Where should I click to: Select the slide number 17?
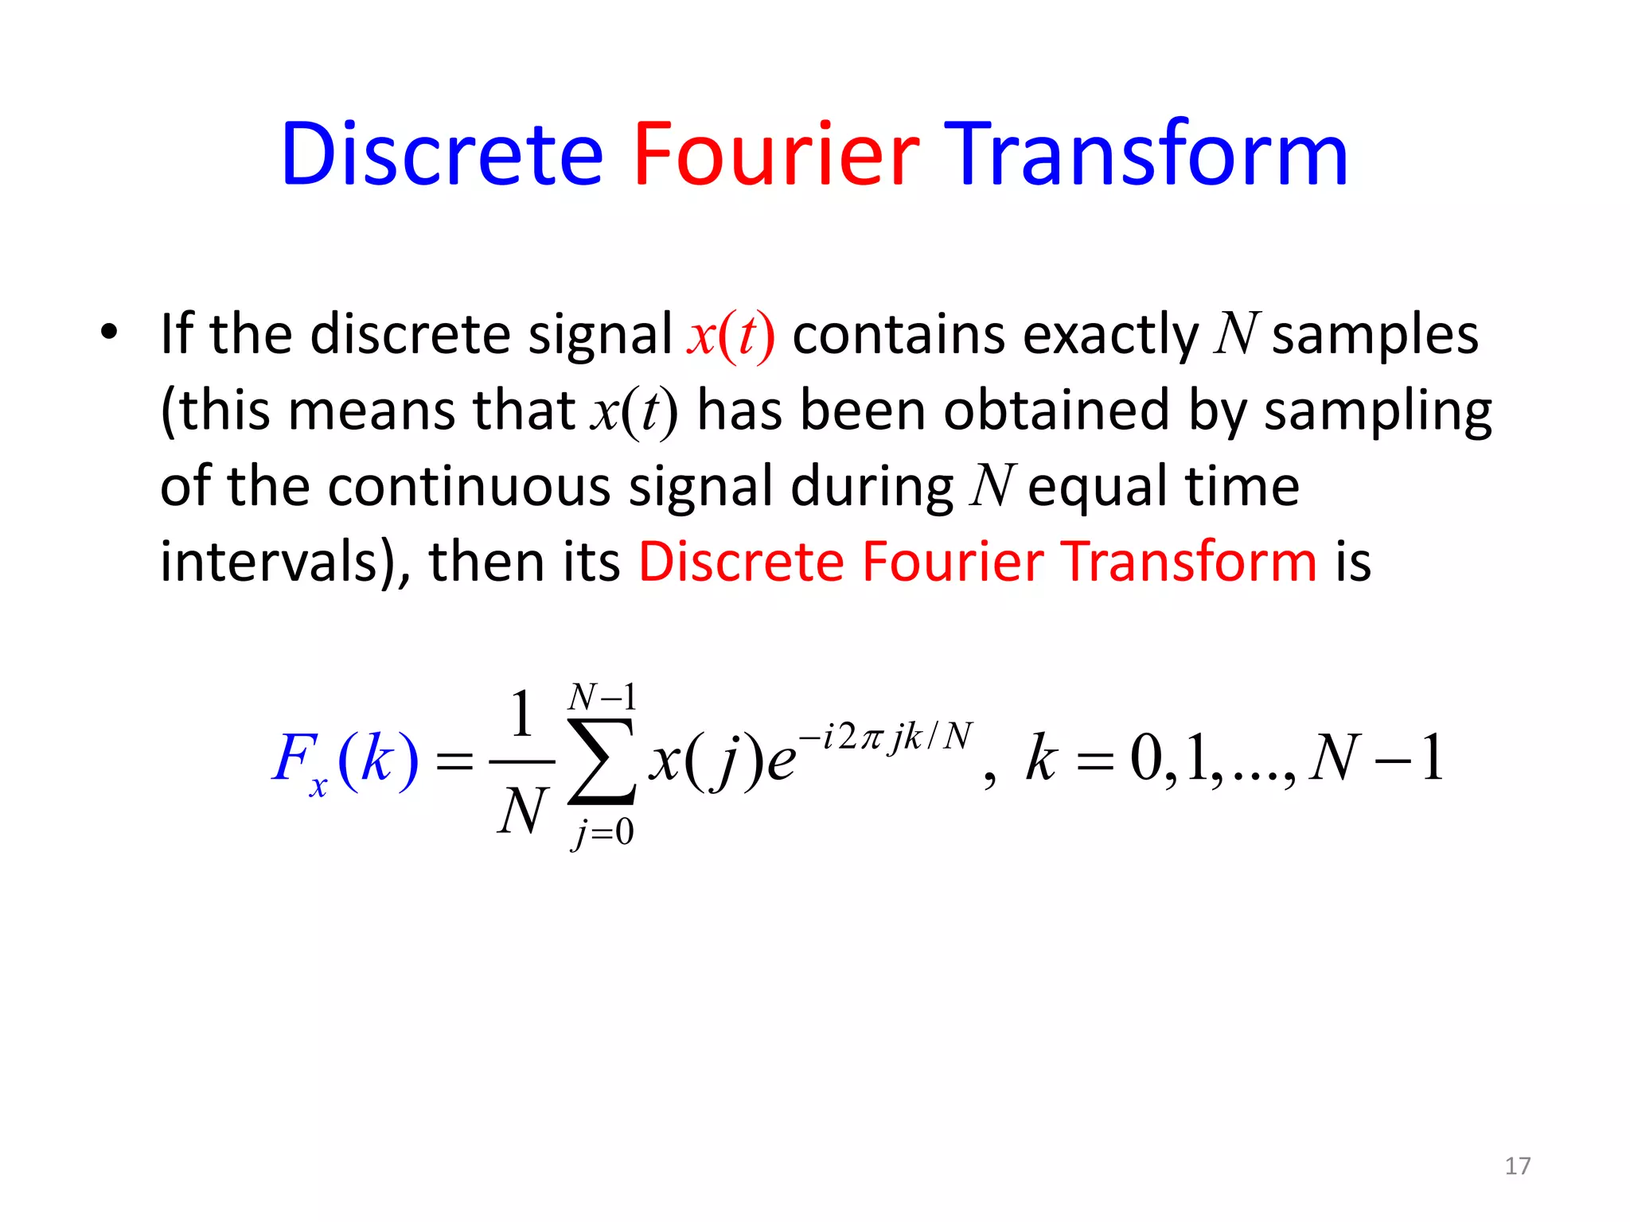(x=1517, y=1166)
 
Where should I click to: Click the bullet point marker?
(x=109, y=332)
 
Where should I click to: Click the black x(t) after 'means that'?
(x=634, y=412)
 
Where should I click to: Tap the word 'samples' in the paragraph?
(x=1375, y=334)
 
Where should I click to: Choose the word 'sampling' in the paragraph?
(x=1378, y=412)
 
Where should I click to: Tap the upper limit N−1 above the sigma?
(x=602, y=698)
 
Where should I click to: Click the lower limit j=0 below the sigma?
(x=602, y=833)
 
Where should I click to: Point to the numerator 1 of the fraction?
(x=521, y=714)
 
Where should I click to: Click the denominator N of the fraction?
(x=522, y=811)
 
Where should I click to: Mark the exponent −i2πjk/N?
(x=886, y=737)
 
